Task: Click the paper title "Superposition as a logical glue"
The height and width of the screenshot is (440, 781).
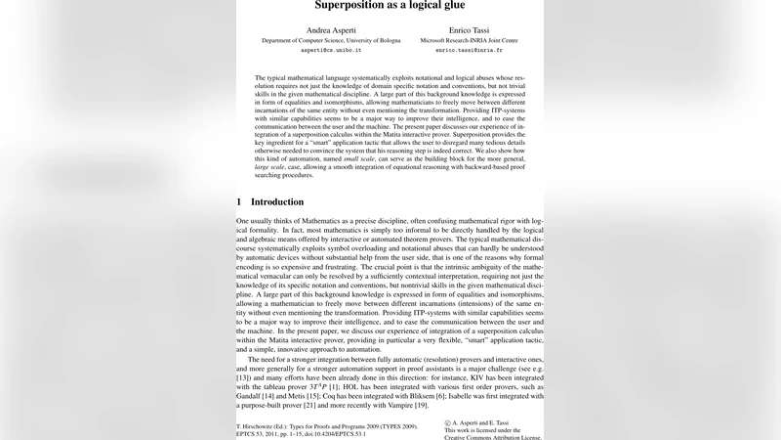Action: tap(390, 5)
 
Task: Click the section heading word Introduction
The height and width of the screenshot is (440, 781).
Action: tap(277, 201)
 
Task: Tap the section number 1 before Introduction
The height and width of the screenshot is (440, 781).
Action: tap(239, 201)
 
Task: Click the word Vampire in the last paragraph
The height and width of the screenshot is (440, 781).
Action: tap(396, 404)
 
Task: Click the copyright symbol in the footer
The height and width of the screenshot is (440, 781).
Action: tap(447, 422)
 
